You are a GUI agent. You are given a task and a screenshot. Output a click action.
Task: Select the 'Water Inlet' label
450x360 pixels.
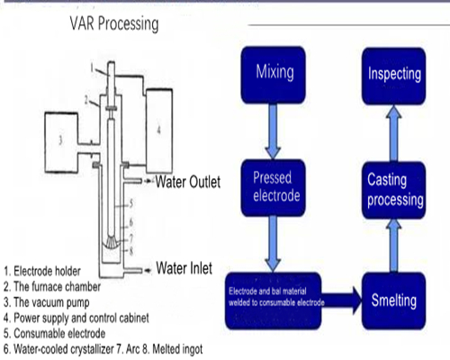point(190,267)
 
